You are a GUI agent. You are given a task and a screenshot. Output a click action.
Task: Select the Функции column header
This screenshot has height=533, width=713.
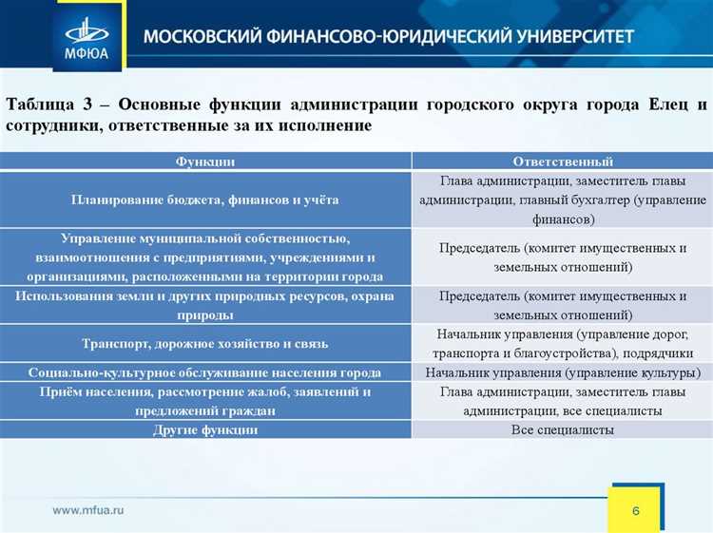205,162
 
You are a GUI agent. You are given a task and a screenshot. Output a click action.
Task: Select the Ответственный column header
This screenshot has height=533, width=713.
563,162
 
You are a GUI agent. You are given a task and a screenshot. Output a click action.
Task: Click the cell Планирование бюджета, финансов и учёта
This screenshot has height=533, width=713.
205,200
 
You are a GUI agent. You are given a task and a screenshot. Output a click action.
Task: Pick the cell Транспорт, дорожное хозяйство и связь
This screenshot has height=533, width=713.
205,343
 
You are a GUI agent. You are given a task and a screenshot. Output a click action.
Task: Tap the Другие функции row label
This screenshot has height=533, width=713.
205,429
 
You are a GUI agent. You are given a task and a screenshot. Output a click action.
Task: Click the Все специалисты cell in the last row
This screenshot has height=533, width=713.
563,429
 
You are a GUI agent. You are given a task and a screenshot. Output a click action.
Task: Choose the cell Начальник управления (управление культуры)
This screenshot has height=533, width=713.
563,371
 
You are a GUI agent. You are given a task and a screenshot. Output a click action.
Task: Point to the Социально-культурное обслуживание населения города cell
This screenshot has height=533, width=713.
205,371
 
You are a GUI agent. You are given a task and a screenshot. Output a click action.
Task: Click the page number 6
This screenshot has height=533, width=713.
635,511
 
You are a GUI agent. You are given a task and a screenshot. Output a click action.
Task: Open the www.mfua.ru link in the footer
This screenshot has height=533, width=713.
88,510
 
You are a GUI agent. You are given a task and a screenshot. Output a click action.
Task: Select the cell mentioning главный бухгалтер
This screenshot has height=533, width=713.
563,200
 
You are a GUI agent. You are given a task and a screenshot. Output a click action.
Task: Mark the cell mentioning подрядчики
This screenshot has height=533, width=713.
563,343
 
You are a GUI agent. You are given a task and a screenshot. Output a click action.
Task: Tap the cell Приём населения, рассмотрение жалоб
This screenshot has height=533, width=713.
205,401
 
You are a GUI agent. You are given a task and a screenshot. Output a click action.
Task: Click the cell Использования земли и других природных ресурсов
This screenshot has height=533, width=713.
205,305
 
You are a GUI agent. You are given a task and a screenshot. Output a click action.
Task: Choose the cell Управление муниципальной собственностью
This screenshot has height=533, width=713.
205,257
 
